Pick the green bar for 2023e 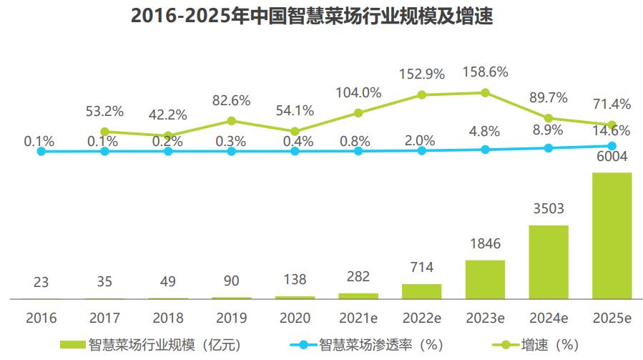click(x=485, y=279)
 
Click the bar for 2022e click(x=421, y=291)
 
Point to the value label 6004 click(x=612, y=157)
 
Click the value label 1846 click(x=485, y=244)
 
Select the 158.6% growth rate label click(x=485, y=72)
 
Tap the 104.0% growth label click(x=358, y=92)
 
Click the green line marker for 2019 click(x=232, y=121)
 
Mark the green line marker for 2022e click(x=422, y=94)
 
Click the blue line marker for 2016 click(x=41, y=152)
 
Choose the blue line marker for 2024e click(x=549, y=147)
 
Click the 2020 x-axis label click(x=295, y=318)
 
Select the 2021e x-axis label click(x=358, y=318)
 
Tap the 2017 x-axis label click(x=104, y=318)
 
